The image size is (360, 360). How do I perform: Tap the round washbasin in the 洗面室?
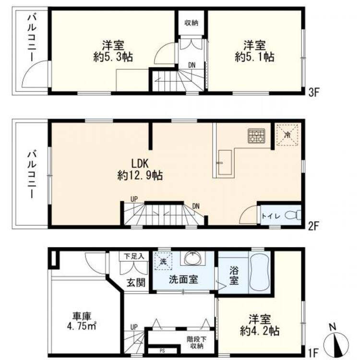(192, 259)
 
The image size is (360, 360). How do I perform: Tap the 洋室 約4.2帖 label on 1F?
(261, 325)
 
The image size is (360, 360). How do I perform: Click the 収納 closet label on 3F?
(192, 22)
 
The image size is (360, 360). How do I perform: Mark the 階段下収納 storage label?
(195, 342)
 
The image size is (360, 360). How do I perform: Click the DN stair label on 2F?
(196, 206)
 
